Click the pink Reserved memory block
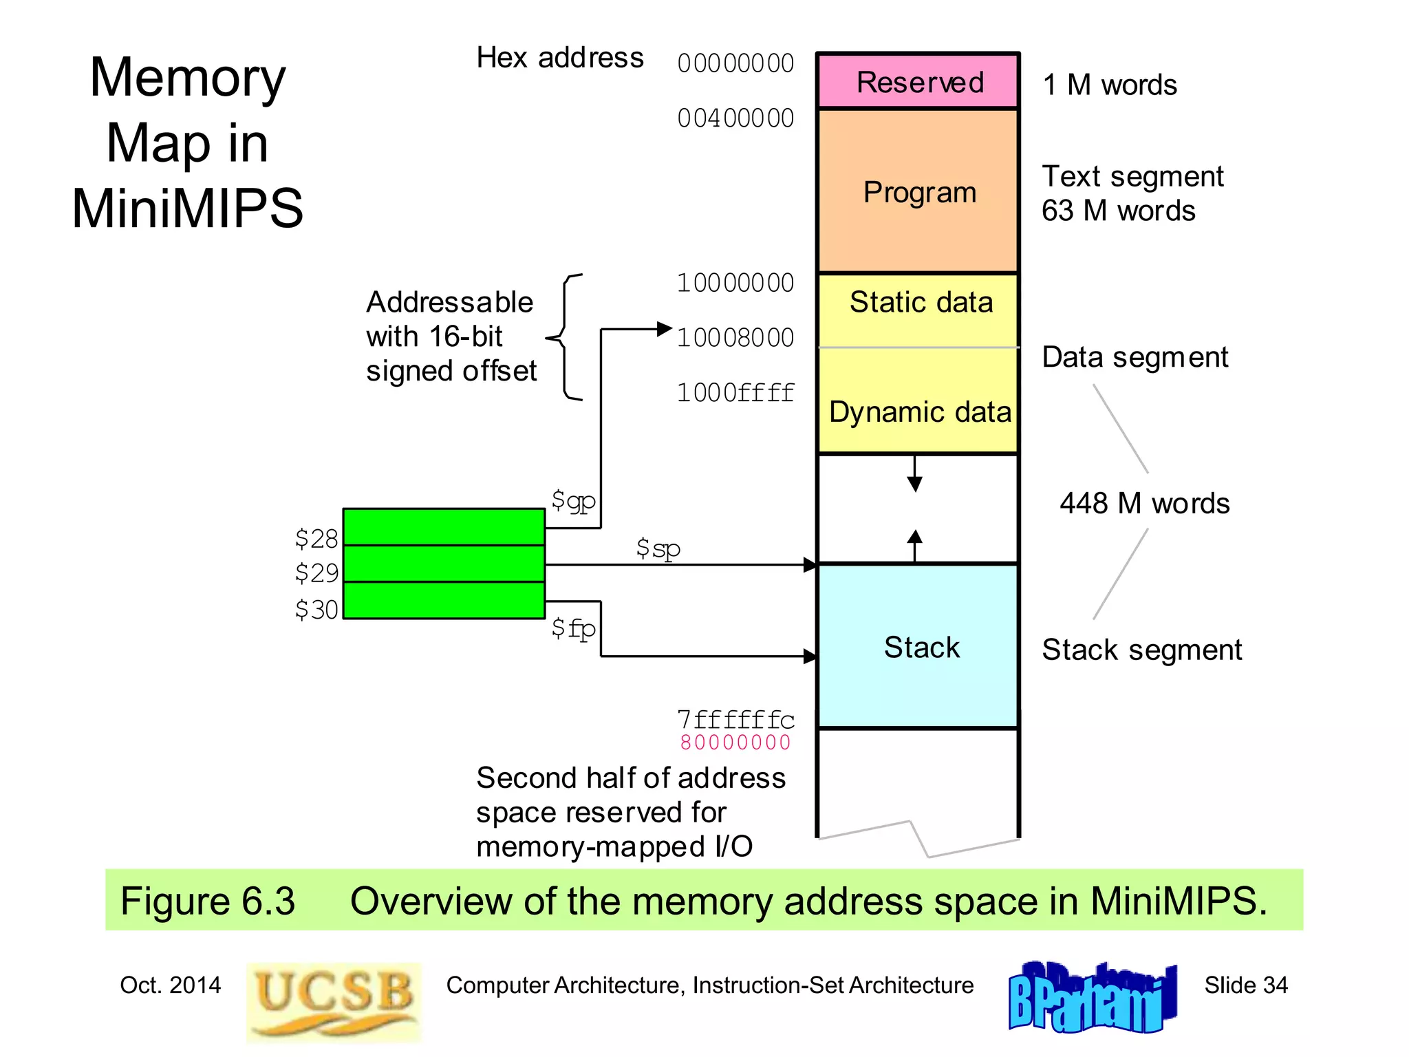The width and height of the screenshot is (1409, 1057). click(x=918, y=81)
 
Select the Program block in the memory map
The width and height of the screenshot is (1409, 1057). click(x=918, y=192)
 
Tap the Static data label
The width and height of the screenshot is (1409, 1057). click(x=921, y=302)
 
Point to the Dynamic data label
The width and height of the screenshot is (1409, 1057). click(x=920, y=412)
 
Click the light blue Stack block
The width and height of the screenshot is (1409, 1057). click(x=918, y=646)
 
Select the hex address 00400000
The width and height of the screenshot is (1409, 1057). click(x=735, y=118)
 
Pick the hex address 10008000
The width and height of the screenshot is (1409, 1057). click(x=735, y=338)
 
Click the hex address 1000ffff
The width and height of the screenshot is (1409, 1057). click(x=735, y=393)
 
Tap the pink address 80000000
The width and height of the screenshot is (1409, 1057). click(x=735, y=743)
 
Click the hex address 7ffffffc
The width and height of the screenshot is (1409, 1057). click(x=735, y=720)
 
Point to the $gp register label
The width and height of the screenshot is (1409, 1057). click(x=573, y=500)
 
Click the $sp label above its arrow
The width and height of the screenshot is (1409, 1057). click(x=658, y=548)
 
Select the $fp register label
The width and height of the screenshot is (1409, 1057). click(x=573, y=628)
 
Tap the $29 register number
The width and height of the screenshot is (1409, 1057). click(x=316, y=573)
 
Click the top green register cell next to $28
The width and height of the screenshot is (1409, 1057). click(x=444, y=527)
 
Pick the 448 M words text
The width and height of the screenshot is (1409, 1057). click(x=1144, y=503)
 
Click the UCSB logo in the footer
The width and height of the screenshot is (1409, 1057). click(x=334, y=1001)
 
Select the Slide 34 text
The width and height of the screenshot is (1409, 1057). click(x=1245, y=985)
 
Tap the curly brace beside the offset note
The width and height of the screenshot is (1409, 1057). click(x=566, y=337)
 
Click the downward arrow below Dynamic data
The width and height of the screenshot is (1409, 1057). click(x=914, y=476)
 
